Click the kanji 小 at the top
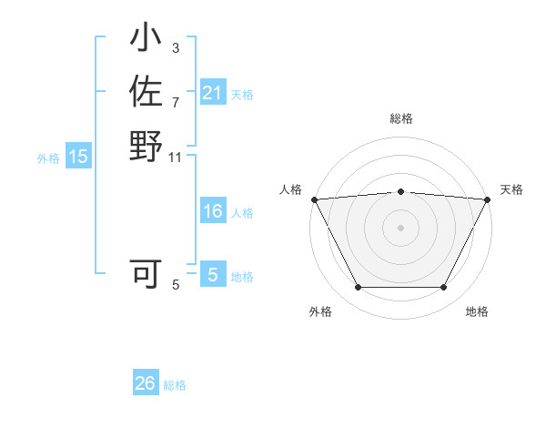click(146, 39)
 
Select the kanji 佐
click(146, 92)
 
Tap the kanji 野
click(146, 145)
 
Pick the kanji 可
click(146, 272)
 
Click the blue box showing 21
click(212, 93)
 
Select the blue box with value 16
click(212, 212)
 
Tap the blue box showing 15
click(78, 157)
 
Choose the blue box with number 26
click(146, 383)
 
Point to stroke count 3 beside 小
click(175, 47)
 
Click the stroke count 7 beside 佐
click(175, 102)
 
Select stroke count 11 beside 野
click(175, 157)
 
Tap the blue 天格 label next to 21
click(242, 94)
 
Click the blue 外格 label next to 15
click(48, 158)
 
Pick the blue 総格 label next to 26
click(175, 385)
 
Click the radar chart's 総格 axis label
click(400, 118)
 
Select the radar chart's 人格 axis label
click(290, 189)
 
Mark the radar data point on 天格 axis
click(488, 199)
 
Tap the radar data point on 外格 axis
click(358, 288)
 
